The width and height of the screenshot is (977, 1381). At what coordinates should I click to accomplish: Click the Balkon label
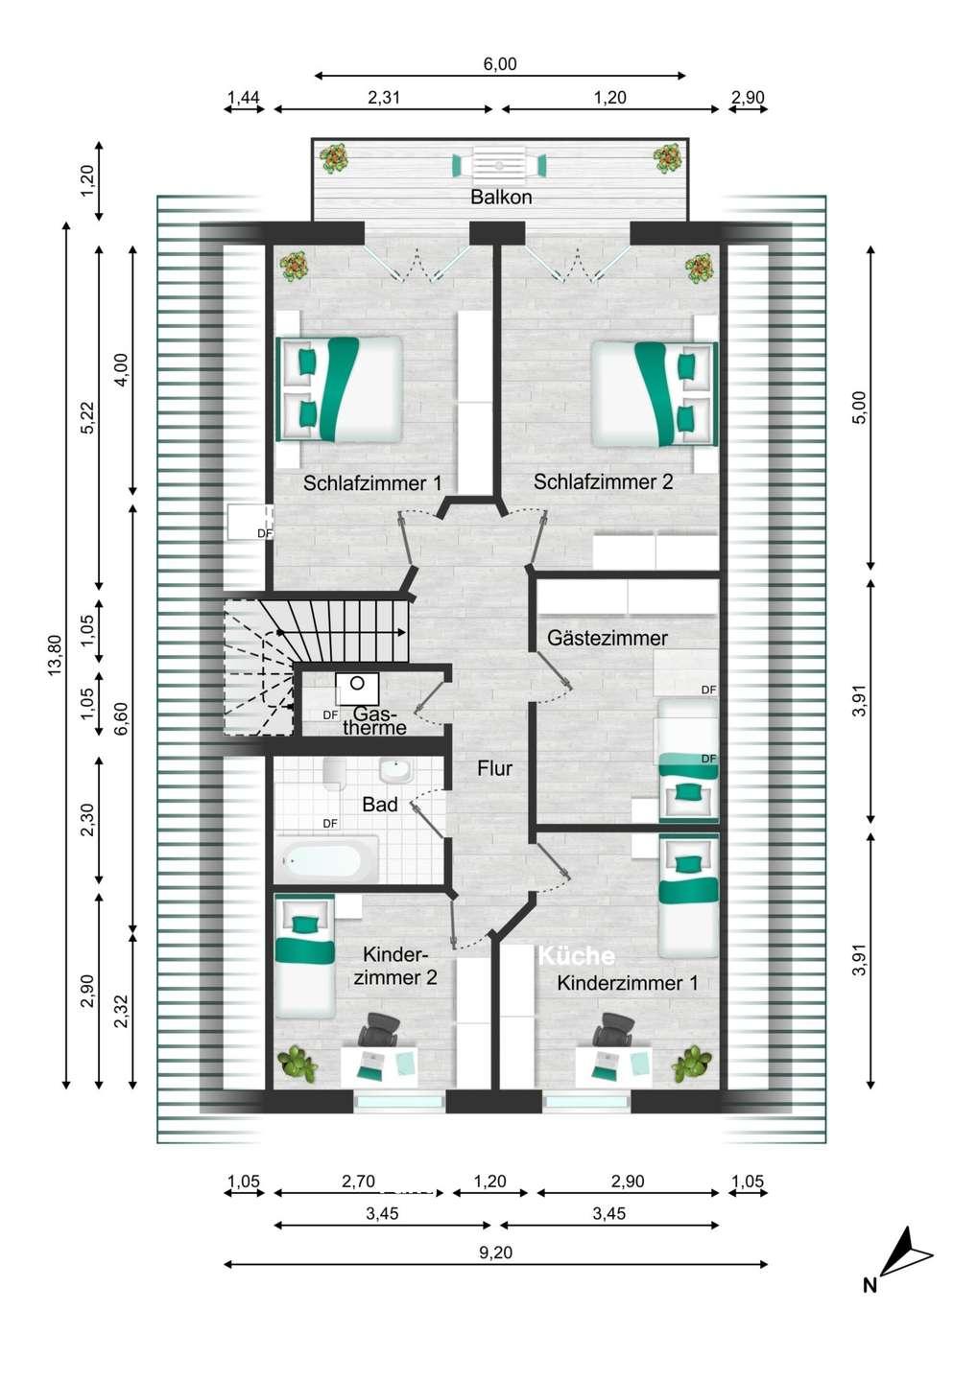coord(501,198)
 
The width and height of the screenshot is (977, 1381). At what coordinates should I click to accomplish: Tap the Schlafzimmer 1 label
coord(372,482)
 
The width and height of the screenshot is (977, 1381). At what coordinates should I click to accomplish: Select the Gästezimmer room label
coord(607,638)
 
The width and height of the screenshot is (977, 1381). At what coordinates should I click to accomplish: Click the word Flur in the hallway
coord(494,768)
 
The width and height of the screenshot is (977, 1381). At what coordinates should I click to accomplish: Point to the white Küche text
coord(577,955)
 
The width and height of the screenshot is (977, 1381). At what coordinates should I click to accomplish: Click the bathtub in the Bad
coord(326,859)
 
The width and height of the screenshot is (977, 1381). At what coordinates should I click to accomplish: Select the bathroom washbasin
coord(395,771)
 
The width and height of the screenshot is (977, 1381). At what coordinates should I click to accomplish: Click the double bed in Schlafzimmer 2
coord(655,394)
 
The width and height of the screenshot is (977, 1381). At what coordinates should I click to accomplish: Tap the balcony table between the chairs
coord(499,165)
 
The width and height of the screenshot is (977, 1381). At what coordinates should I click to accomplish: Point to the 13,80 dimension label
coord(55,655)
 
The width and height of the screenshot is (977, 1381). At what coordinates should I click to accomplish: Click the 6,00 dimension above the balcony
coord(500,64)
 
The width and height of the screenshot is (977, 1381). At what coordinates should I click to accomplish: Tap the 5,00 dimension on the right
coord(861,407)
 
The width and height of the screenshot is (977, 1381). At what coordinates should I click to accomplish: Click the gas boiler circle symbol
coord(357,683)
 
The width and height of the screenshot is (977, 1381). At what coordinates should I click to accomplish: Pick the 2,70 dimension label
coord(358,1181)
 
